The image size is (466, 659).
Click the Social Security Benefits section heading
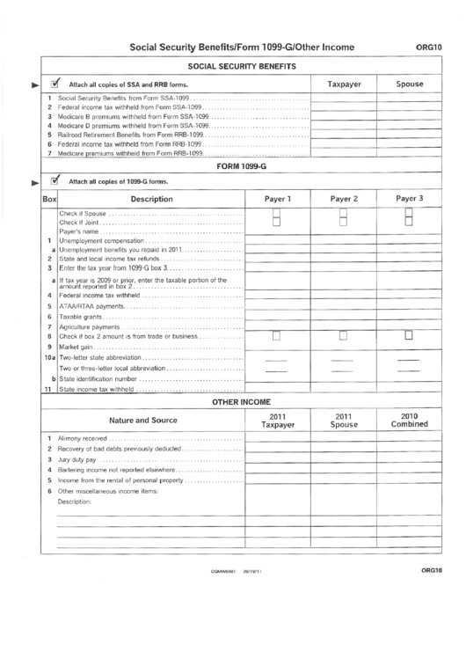pyautogui.click(x=241, y=67)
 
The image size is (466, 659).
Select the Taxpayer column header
pyautogui.click(x=344, y=84)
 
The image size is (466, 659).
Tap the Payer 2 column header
pyautogui.click(x=344, y=199)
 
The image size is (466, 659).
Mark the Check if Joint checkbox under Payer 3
pyautogui.click(x=409, y=223)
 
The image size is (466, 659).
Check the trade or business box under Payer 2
pyautogui.click(x=344, y=335)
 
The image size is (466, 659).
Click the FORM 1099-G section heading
pyautogui.click(x=241, y=165)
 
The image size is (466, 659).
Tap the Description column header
pyautogui.click(x=151, y=200)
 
